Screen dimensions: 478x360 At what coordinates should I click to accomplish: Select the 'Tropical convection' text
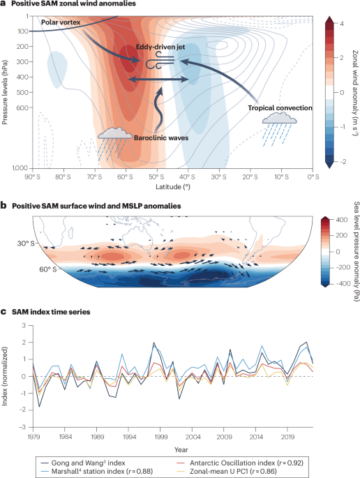coord(279,108)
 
